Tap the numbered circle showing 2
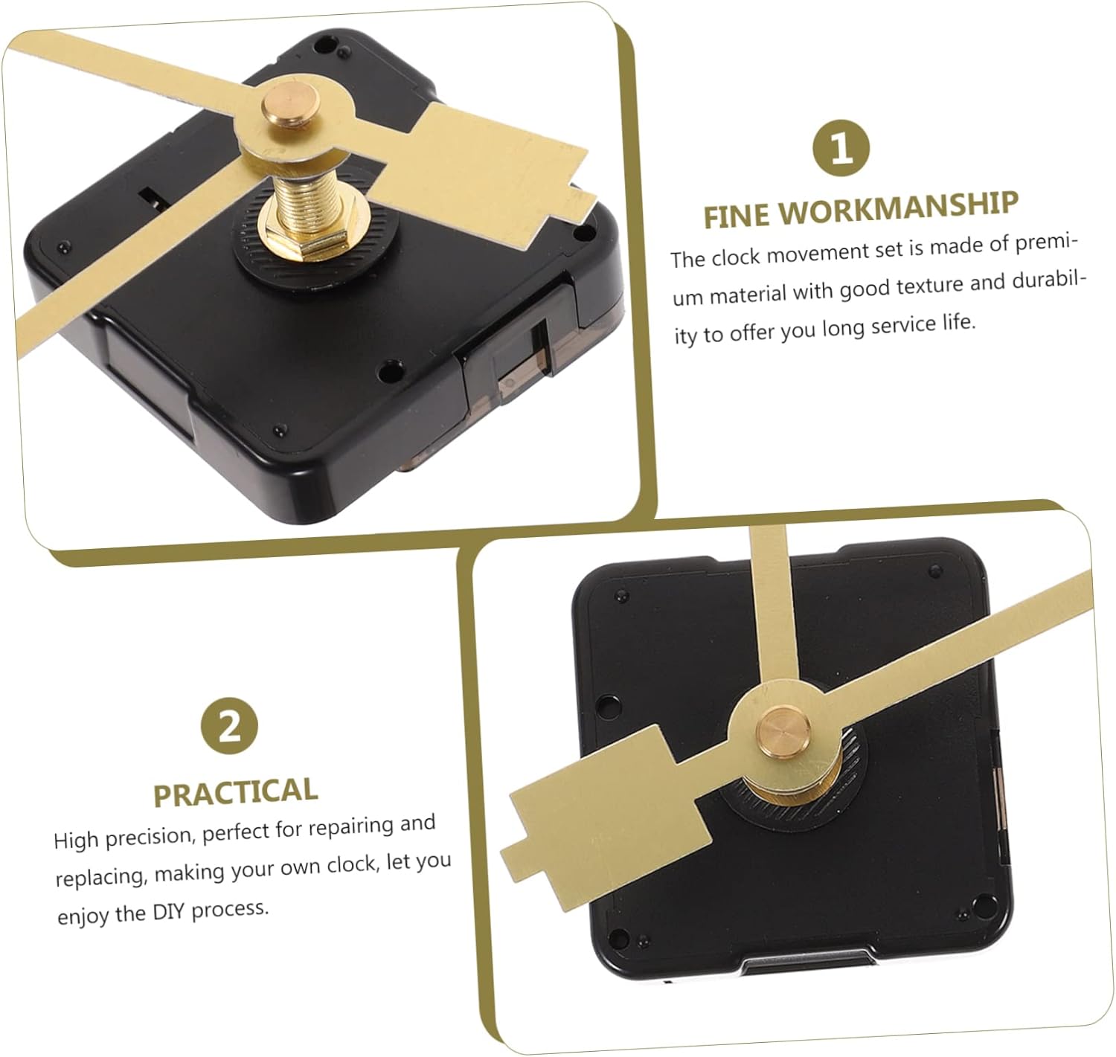pyautogui.click(x=229, y=725)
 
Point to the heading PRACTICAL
pyautogui.click(x=235, y=792)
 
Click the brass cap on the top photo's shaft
pyautogui.click(x=289, y=105)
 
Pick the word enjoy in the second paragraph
pyautogui.click(x=83, y=916)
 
